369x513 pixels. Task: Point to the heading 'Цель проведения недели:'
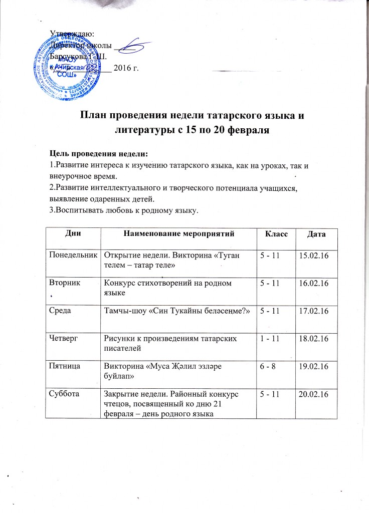(98, 152)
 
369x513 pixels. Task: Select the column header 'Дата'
(316, 234)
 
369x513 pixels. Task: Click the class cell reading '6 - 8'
(265, 367)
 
